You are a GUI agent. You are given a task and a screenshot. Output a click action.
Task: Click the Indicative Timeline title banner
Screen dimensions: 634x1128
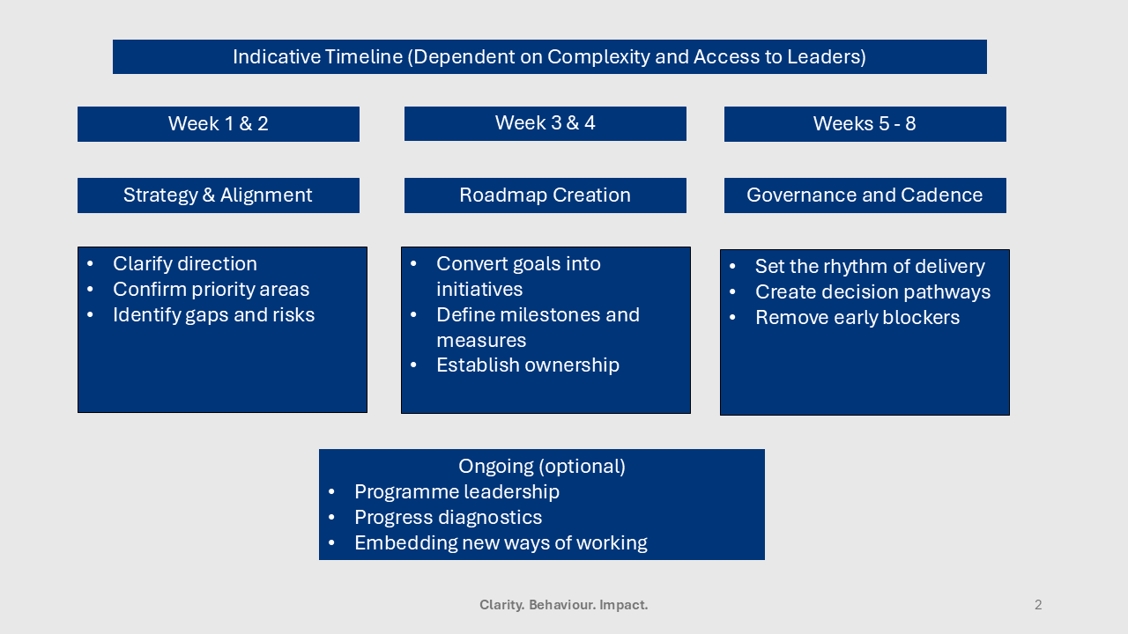549,57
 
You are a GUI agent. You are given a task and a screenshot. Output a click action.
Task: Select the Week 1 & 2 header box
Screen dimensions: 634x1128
219,124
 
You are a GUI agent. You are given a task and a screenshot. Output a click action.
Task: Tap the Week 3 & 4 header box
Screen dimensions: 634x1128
545,123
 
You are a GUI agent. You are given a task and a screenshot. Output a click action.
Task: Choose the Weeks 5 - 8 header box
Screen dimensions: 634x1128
865,124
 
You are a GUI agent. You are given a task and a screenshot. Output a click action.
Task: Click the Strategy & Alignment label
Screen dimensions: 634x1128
218,195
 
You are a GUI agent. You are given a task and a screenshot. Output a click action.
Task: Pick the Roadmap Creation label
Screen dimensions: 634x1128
545,195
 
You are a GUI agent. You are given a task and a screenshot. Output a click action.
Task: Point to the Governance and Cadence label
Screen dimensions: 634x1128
865,195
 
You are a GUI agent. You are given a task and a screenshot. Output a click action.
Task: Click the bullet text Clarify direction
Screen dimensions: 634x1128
185,264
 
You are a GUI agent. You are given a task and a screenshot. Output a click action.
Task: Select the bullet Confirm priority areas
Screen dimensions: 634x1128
211,290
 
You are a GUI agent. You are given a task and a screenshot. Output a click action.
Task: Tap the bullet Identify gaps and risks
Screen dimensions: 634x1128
213,315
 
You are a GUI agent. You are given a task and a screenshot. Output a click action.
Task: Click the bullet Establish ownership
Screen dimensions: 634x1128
528,365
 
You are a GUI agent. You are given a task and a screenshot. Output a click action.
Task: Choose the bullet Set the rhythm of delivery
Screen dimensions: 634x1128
870,267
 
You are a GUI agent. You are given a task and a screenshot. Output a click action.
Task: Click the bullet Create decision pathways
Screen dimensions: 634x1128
872,292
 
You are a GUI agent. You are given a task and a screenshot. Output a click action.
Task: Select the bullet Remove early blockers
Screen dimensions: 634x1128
857,318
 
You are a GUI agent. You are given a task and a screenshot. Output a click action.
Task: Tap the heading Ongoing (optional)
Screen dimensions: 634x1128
541,467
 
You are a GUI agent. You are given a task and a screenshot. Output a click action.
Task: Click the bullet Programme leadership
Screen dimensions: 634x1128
456,492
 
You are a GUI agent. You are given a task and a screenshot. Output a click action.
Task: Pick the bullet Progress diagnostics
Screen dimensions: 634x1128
448,518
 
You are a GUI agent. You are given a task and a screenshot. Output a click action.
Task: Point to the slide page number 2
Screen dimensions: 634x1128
1038,605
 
